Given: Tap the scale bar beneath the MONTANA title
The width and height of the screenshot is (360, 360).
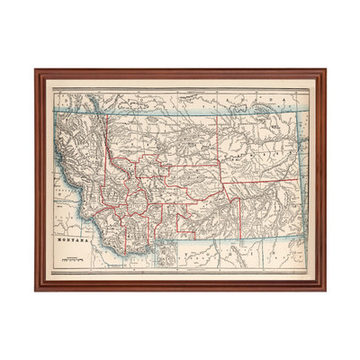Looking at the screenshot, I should coord(72,260).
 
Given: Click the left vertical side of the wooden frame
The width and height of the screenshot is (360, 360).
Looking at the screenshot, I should coord(40,180).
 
